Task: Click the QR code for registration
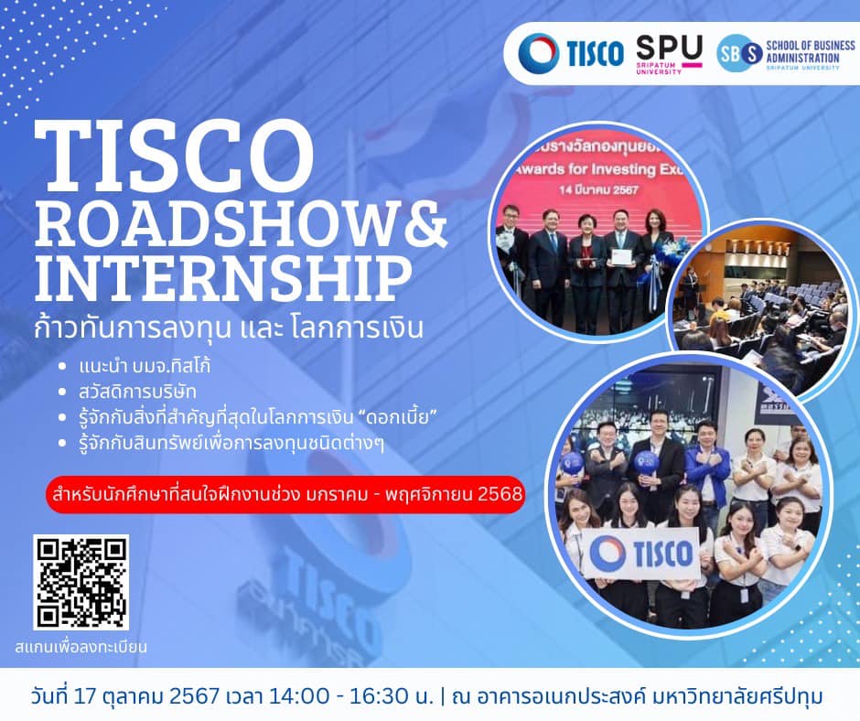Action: tap(81, 583)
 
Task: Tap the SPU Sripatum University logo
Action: tap(669, 55)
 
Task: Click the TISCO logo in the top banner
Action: tap(571, 53)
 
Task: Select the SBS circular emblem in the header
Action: tap(740, 53)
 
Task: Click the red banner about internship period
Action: tap(285, 495)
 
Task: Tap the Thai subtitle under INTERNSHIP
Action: tap(229, 327)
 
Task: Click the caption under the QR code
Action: tap(81, 648)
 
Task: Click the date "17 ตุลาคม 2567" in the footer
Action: tap(167, 696)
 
